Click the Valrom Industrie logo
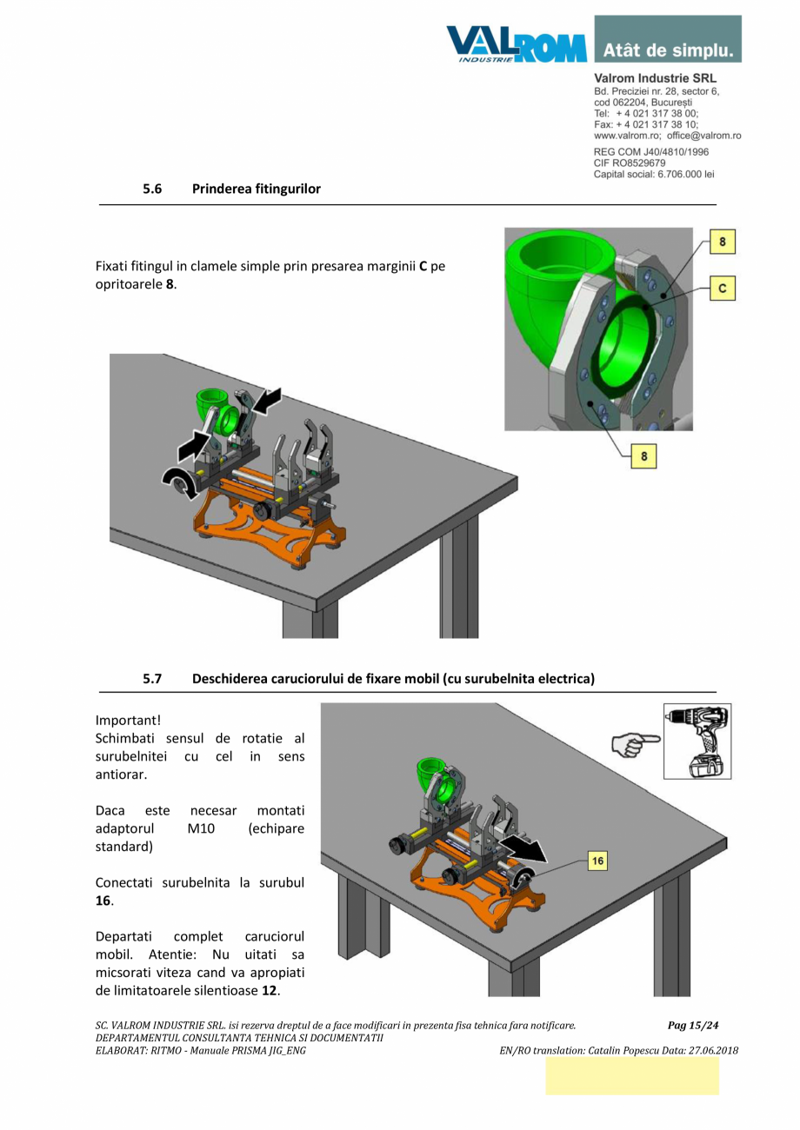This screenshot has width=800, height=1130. tap(516, 43)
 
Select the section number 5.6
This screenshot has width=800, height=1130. tap(153, 188)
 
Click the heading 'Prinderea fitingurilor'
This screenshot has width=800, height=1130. tap(256, 188)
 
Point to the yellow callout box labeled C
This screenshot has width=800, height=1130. tap(722, 289)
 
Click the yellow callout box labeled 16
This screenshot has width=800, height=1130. tap(596, 861)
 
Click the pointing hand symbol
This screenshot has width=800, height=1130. tap(635, 741)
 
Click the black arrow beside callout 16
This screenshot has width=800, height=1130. tap(529, 848)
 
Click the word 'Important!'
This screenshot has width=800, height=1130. tap(128, 720)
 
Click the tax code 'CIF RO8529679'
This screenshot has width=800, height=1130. tap(630, 163)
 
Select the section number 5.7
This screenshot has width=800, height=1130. tap(153, 679)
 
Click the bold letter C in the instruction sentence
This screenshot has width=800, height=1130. tap(423, 266)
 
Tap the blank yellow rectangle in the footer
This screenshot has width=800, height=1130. tap(632, 1075)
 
